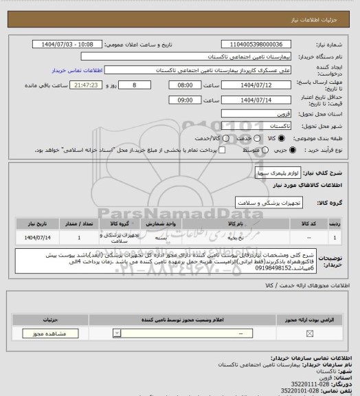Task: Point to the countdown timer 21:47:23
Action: [x=87, y=85]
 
